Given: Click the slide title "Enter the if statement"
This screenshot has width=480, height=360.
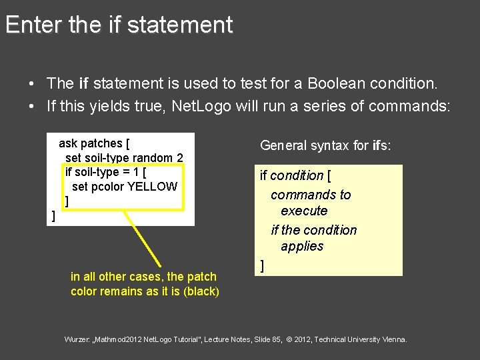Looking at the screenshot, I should point(119,25).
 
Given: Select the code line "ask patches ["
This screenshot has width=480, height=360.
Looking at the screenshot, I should point(94,143).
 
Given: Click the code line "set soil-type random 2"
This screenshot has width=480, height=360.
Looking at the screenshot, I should point(124,158).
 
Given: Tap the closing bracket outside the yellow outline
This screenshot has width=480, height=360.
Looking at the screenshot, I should point(53,216).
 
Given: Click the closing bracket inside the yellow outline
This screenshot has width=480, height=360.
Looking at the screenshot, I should point(67,201).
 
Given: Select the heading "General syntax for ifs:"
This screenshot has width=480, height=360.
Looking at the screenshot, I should point(325,145).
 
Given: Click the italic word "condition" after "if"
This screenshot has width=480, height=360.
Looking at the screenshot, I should point(297,175).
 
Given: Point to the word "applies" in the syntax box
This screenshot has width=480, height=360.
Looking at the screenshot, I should point(302,246).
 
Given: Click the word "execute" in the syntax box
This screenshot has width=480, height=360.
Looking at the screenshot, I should point(304,211).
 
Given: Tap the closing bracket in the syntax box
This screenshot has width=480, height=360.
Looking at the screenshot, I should point(262,266).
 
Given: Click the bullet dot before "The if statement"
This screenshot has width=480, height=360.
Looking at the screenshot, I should point(31,84).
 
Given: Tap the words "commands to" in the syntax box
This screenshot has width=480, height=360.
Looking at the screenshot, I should point(311,195).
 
